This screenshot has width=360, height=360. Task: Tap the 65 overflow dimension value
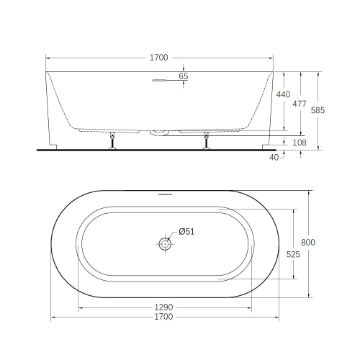tap(183, 76)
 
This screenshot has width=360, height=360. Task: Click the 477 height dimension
tap(300, 103)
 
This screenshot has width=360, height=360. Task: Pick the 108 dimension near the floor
tap(301, 143)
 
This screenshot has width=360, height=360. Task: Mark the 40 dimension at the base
tap(274, 156)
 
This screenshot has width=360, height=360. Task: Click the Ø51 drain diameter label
tap(185, 231)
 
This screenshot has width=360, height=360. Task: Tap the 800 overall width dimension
tap(309, 242)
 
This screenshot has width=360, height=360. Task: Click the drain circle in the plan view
tap(165, 244)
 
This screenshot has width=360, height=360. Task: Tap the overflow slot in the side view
tap(160, 81)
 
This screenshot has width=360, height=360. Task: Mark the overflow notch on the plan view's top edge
tap(165, 194)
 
